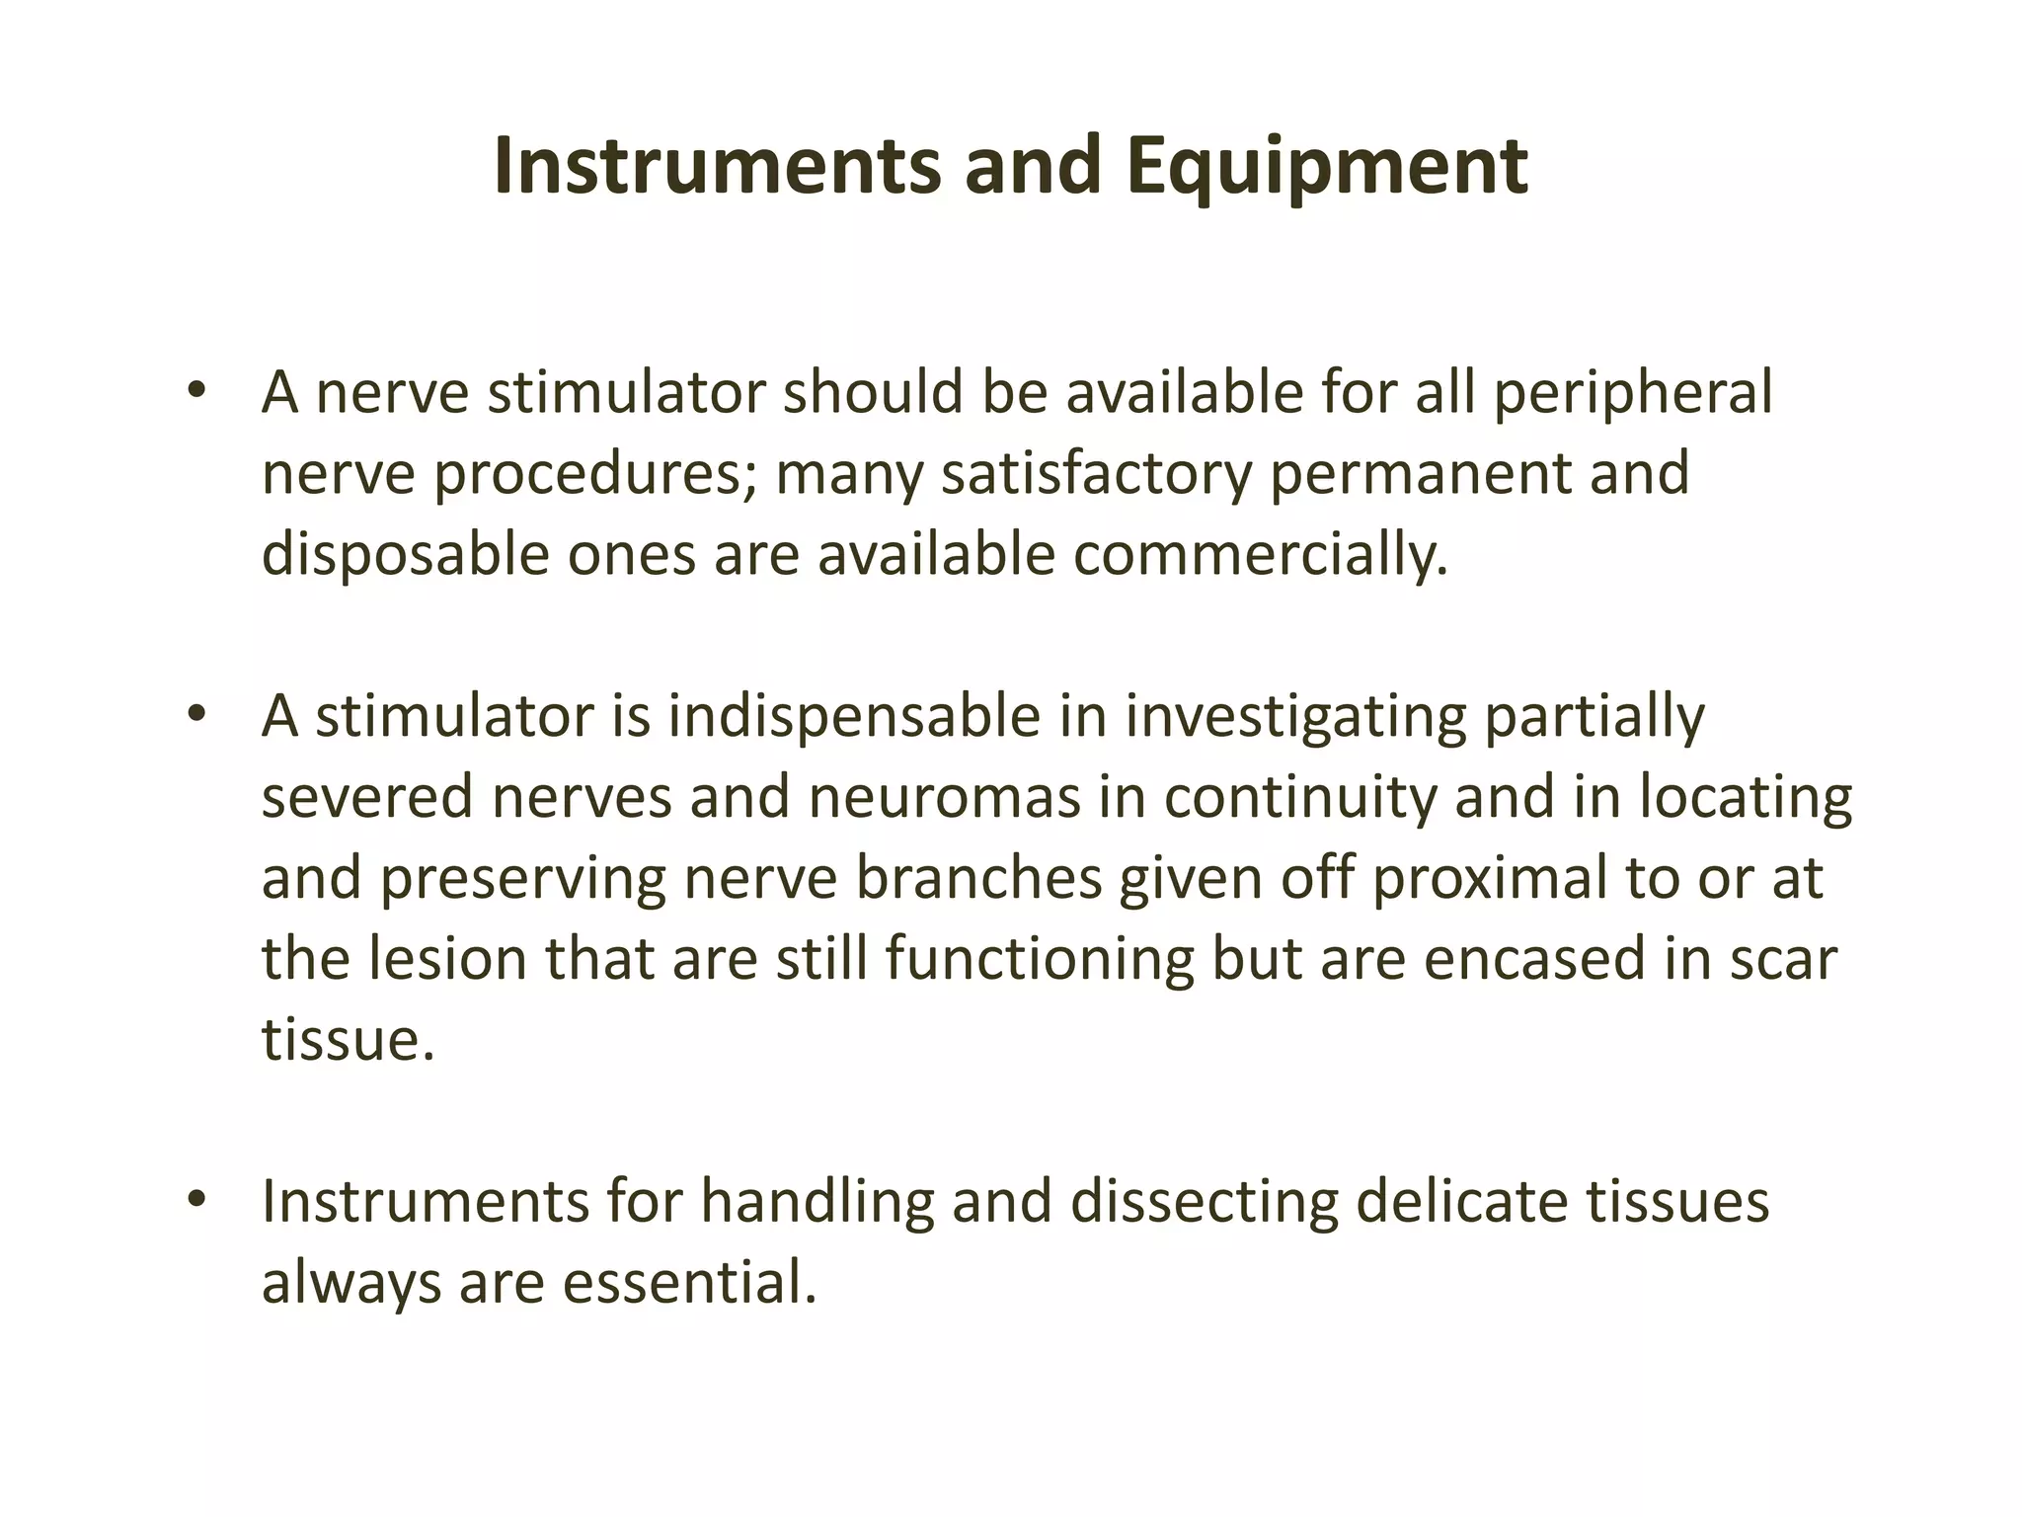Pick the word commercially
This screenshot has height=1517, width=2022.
pos(1261,555)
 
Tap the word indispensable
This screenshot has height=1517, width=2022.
pos(854,716)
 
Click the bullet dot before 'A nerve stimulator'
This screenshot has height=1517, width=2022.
pos(196,389)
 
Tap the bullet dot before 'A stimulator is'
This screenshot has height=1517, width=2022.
pos(196,712)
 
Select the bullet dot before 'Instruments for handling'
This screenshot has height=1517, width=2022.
pos(196,1198)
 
